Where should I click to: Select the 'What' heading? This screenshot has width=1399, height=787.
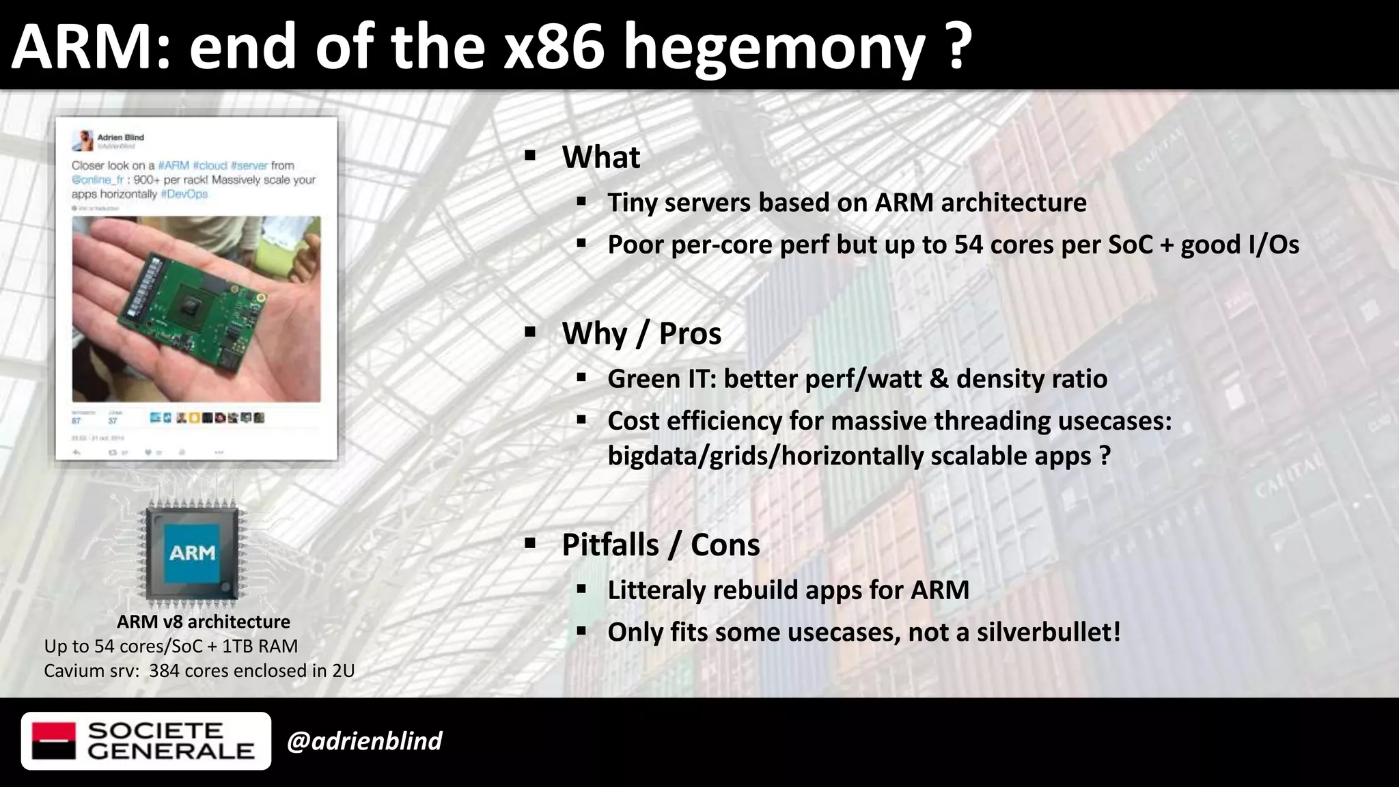(x=600, y=157)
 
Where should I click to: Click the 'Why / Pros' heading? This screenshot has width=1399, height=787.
(x=641, y=334)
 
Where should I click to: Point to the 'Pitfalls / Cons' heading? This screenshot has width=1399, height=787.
(x=661, y=545)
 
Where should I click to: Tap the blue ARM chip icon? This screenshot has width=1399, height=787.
(x=192, y=553)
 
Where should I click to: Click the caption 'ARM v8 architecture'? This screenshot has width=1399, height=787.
(x=204, y=622)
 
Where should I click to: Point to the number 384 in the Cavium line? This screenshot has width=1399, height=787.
(x=164, y=671)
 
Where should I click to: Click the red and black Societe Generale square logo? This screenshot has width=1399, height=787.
(x=54, y=741)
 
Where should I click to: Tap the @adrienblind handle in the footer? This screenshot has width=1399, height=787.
(x=365, y=741)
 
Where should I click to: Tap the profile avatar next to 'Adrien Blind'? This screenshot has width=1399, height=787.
(x=83, y=140)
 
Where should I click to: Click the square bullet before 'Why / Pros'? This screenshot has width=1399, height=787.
(x=530, y=333)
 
